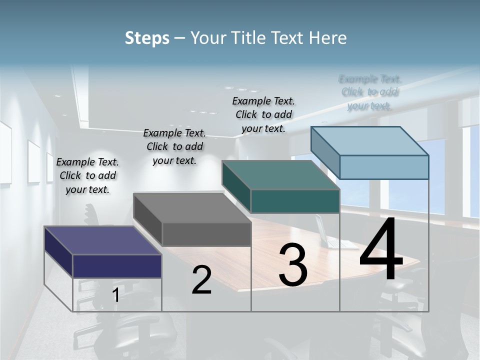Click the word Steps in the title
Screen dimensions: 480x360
[x=147, y=38]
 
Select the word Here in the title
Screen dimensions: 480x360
[x=328, y=38]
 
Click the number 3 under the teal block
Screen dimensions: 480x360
[x=292, y=265]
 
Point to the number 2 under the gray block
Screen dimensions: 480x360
[x=201, y=280]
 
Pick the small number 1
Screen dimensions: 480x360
[x=115, y=295]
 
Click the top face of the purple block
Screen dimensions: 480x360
[x=102, y=240]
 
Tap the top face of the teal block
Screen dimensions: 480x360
[x=280, y=175]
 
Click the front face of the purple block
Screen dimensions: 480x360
[x=117, y=266]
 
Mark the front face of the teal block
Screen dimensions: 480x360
[x=295, y=201]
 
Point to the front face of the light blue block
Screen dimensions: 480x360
[x=384, y=167]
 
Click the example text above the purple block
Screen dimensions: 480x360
[x=87, y=175]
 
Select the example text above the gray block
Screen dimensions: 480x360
[x=174, y=146]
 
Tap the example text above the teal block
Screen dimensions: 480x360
[x=263, y=114]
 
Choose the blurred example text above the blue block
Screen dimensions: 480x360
[x=370, y=92]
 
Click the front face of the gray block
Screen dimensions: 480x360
[x=206, y=234]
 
